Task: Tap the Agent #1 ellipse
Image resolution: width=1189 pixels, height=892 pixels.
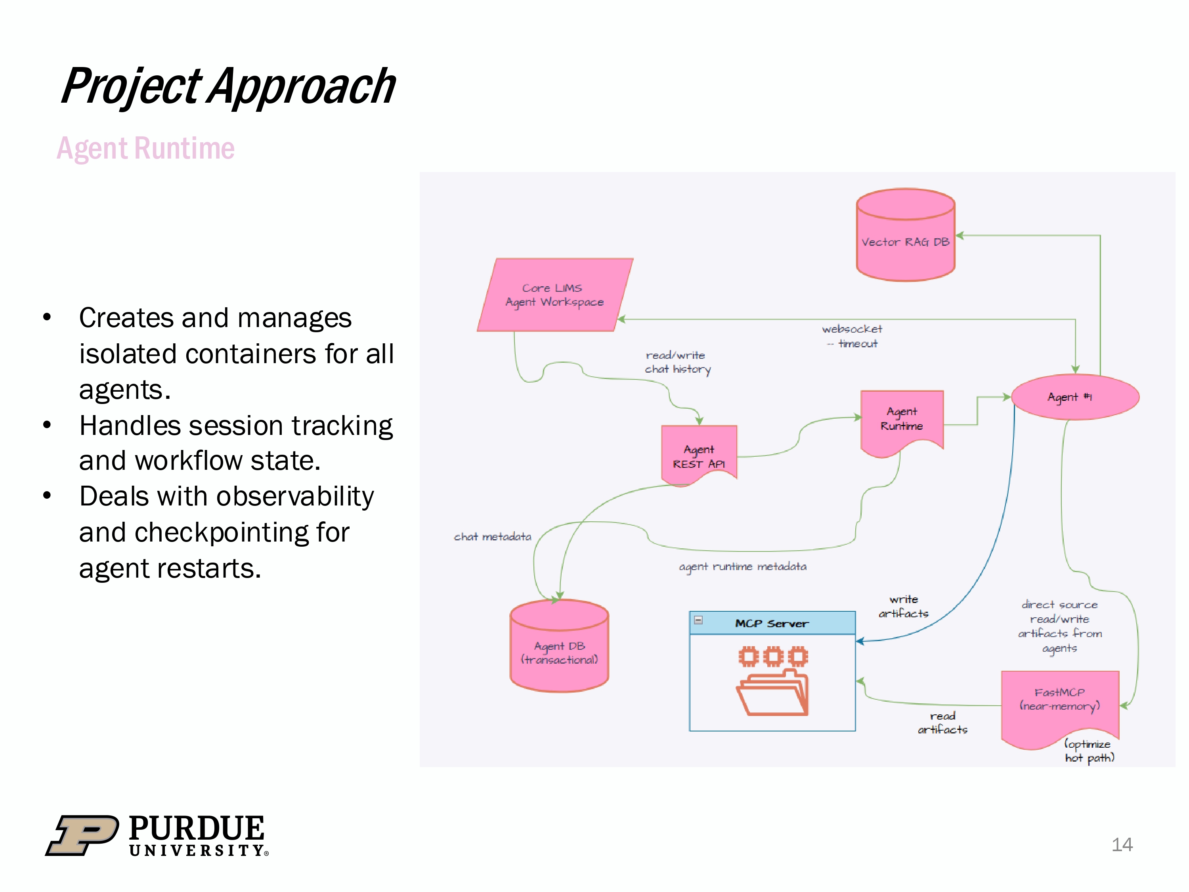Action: point(1075,397)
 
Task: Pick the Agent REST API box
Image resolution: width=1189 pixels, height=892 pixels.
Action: point(699,454)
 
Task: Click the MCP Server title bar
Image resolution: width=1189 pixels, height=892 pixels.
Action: point(772,623)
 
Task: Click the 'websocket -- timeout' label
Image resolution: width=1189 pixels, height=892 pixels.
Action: point(852,336)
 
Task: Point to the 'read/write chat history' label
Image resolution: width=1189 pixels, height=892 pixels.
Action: point(677,362)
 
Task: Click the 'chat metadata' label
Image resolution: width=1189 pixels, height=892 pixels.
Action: point(492,537)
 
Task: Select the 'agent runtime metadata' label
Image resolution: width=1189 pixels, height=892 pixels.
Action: point(742,567)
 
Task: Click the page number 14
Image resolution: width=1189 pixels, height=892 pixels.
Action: point(1122,845)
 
